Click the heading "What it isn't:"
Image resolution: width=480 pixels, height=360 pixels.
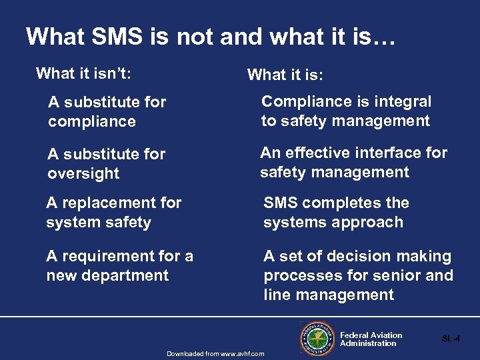tap(83, 73)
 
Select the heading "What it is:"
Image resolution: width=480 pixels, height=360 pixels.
tap(285, 75)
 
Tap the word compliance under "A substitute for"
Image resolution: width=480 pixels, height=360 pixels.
tap(92, 121)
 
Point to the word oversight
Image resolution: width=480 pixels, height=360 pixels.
tap(83, 173)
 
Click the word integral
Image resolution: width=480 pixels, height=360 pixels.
tap(403, 101)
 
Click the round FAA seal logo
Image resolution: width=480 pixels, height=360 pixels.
tap(317, 339)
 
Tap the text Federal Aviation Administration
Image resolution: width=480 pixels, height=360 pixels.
tap(371, 339)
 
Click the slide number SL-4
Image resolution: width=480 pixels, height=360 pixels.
tap(451, 339)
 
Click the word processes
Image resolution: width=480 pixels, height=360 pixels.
tap(297, 275)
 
